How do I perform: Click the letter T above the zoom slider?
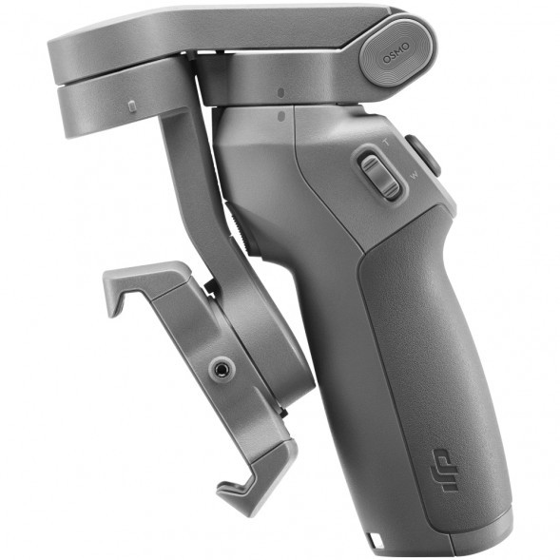(383, 141)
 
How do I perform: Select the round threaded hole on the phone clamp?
(222, 366)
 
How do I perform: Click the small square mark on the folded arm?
(131, 103)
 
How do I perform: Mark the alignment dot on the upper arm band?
(282, 94)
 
